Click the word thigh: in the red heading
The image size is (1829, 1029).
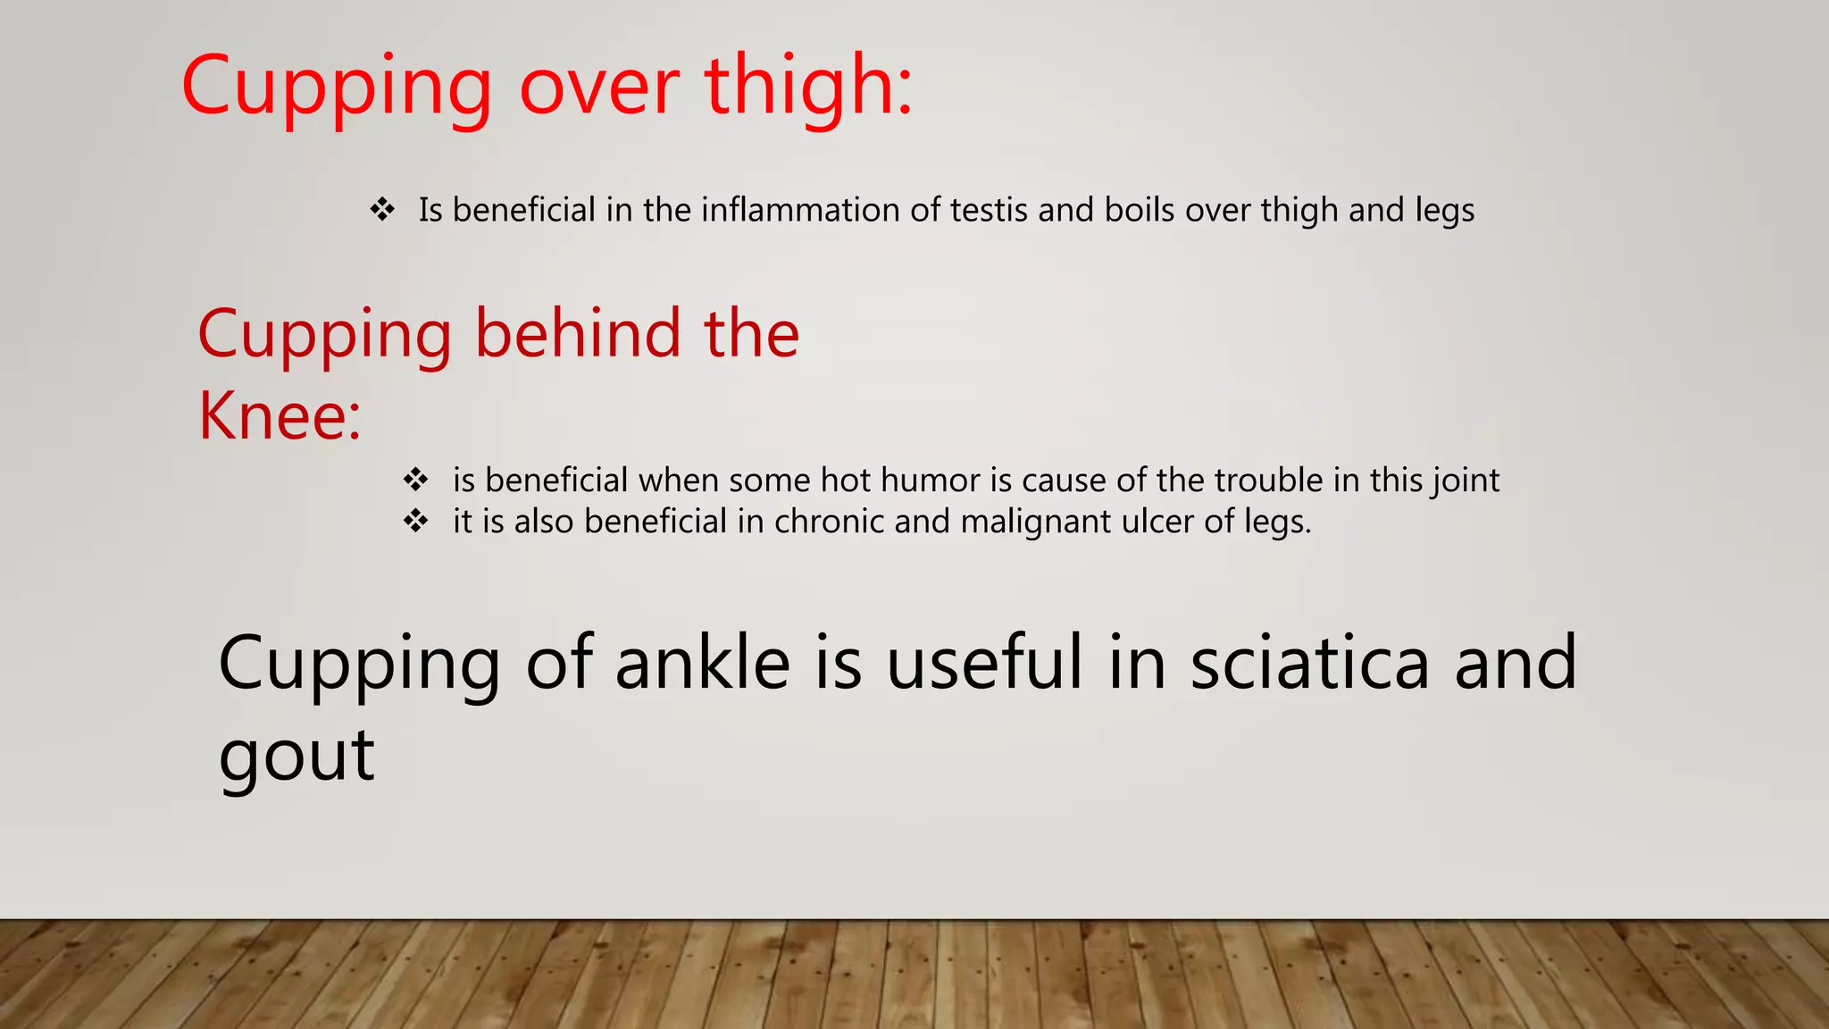[x=808, y=87]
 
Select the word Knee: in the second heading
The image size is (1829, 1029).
[x=280, y=416]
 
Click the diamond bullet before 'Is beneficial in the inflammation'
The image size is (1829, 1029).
[x=383, y=211]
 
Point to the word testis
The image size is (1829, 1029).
[x=989, y=211]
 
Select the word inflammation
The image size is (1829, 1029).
[x=800, y=211]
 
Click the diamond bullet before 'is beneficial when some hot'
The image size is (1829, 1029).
[x=415, y=481]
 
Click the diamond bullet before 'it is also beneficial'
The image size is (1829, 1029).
[x=415, y=522]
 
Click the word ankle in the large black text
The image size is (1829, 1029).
[x=703, y=663]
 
